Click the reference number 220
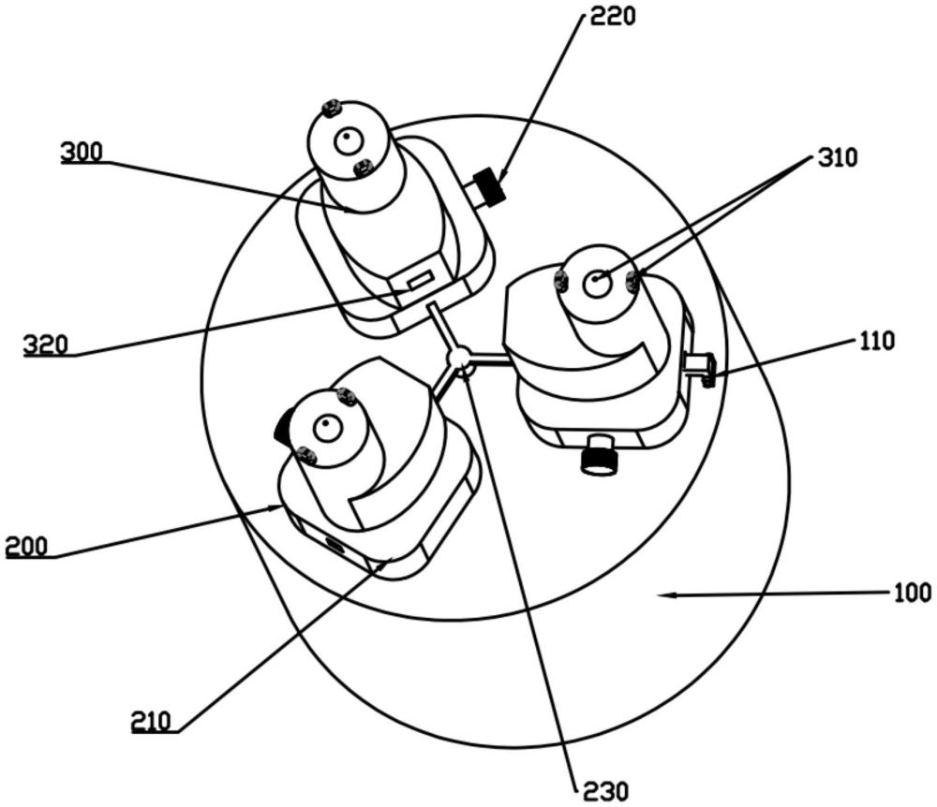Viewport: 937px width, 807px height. point(613,16)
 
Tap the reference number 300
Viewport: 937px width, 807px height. point(82,153)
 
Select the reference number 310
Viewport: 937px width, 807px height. point(836,158)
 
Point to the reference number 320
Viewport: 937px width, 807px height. point(46,345)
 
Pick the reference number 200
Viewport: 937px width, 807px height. point(27,547)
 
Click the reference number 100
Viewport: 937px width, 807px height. point(912,593)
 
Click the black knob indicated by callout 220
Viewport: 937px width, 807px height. point(489,187)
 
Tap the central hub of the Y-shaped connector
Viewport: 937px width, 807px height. point(459,359)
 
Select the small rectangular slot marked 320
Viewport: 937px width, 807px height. point(418,279)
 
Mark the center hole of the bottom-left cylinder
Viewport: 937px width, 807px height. point(325,429)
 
